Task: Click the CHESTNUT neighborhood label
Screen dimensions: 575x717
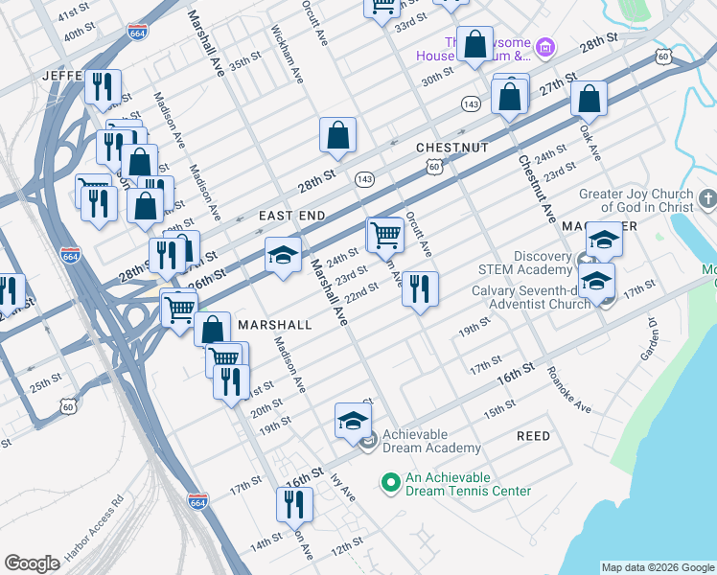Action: pyautogui.click(x=452, y=148)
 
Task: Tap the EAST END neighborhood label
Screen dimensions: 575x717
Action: pyautogui.click(x=292, y=217)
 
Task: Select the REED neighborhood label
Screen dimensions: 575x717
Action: pyautogui.click(x=534, y=436)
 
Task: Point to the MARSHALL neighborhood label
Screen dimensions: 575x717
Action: pyautogui.click(x=275, y=325)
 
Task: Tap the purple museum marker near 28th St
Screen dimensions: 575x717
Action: pyautogui.click(x=545, y=46)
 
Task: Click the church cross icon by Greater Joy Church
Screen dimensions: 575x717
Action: pyautogui.click(x=707, y=199)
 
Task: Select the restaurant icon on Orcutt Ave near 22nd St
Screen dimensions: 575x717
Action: pyautogui.click(x=420, y=288)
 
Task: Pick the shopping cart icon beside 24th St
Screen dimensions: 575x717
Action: pyautogui.click(x=384, y=233)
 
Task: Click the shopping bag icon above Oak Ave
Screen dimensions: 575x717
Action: pyautogui.click(x=589, y=97)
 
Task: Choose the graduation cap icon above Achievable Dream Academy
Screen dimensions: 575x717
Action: pyautogui.click(x=353, y=420)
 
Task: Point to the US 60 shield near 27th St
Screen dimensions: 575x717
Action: pyautogui.click(x=663, y=57)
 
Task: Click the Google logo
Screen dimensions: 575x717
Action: pyautogui.click(x=32, y=563)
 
